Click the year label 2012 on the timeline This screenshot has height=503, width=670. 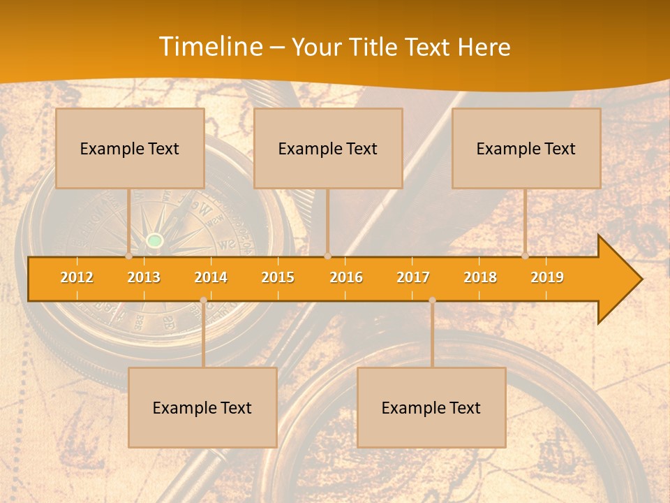tap(77, 277)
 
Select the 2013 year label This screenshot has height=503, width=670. tap(144, 277)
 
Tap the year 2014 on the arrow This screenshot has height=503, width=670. tap(211, 277)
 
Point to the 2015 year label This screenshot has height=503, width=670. tap(278, 277)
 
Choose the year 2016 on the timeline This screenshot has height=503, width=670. tap(346, 277)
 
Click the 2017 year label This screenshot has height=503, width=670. tap(413, 277)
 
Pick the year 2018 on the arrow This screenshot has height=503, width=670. tap(480, 277)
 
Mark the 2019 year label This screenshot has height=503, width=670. tap(547, 277)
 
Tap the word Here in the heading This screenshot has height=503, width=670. tap(484, 48)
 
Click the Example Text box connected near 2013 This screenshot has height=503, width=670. tap(130, 148)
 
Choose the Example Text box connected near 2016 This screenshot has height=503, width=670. tap(328, 148)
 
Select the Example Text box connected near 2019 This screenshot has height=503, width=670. tap(526, 148)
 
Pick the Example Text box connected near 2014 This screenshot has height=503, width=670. tap(202, 407)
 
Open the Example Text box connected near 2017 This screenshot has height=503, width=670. tap(431, 407)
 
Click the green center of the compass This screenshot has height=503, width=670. tap(155, 241)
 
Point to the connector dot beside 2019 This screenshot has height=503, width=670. tap(526, 256)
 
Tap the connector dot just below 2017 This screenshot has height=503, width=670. tap(432, 300)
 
